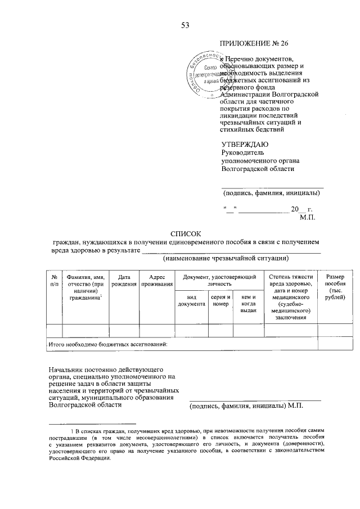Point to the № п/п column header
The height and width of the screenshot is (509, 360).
coord(54,281)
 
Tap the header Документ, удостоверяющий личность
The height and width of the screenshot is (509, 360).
coord(216,281)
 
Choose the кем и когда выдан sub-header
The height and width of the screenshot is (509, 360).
coord(248,303)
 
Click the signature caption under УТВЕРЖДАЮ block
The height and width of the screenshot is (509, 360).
coord(272,193)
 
